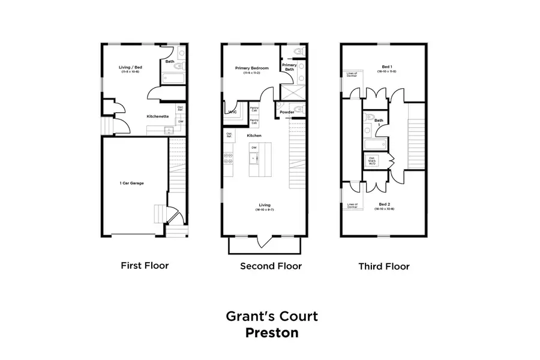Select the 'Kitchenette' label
click(157, 116)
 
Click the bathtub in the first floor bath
click(173, 79)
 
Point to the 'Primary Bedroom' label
click(251, 68)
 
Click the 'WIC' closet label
click(231, 112)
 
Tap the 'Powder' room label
click(286, 112)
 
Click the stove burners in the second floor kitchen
click(229, 158)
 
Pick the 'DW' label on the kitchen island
click(254, 147)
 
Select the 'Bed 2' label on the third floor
click(385, 205)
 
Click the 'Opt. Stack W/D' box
click(372, 161)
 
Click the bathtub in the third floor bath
click(374, 145)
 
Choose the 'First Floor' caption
click(145, 265)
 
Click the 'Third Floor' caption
click(384, 266)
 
